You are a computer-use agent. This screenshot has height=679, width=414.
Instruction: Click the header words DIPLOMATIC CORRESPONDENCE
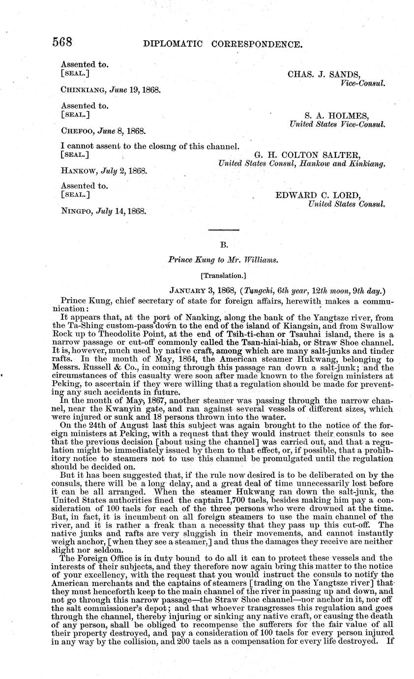[222, 44]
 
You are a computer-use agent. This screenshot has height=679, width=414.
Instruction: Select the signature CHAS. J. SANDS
[324, 74]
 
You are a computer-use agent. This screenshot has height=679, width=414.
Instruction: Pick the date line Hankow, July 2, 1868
[104, 171]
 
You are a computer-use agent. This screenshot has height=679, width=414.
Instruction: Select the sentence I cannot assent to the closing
[150, 146]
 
